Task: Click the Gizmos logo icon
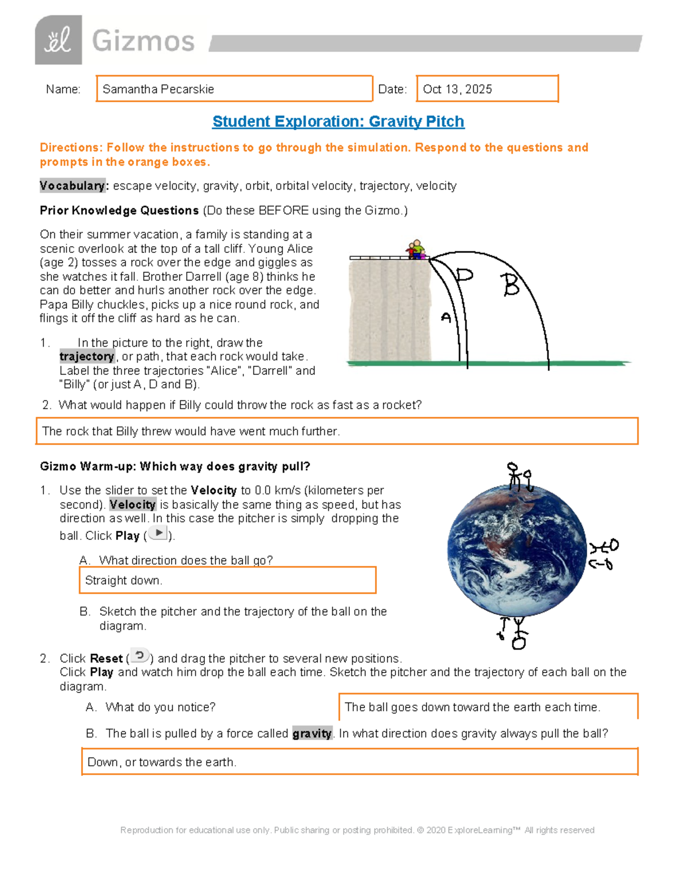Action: click(59, 40)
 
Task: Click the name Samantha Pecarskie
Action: click(159, 89)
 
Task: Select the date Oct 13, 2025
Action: click(458, 89)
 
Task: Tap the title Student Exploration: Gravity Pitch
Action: click(338, 121)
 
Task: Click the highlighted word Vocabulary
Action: click(72, 186)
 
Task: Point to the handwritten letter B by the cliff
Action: click(511, 285)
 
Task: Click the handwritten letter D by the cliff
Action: click(464, 275)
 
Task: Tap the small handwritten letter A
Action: click(446, 317)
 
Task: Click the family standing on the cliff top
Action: click(415, 250)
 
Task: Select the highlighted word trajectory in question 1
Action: click(87, 356)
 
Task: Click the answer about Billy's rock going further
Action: click(191, 431)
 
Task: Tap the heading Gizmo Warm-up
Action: click(175, 466)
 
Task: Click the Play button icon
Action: click(159, 533)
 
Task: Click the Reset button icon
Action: click(139, 656)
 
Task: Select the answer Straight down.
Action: click(124, 581)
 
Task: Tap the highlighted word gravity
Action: click(312, 734)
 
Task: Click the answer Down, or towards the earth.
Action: click(162, 762)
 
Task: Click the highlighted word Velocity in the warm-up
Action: click(133, 504)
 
